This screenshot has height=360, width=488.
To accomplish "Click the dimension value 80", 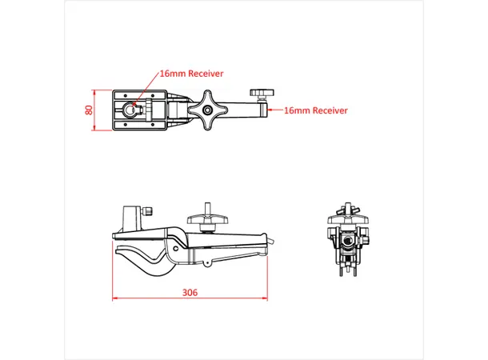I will [90, 110].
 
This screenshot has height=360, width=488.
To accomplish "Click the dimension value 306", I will [190, 292].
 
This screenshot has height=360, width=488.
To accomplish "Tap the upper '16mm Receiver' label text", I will [191, 73].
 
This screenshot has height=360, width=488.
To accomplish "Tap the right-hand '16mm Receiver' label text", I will [316, 111].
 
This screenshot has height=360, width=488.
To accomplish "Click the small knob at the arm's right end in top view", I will [261, 96].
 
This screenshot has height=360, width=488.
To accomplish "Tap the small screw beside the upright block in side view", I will [149, 211].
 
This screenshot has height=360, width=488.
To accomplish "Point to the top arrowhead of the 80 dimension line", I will [96, 90].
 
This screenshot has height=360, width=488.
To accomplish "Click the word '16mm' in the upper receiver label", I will [172, 73].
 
